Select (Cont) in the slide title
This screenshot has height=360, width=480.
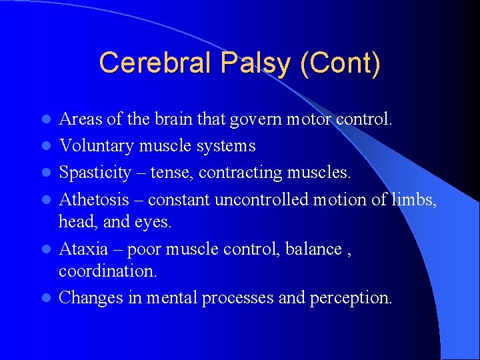coord(341,64)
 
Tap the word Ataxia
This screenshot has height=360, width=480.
coord(83,249)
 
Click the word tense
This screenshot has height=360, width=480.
coord(170,173)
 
